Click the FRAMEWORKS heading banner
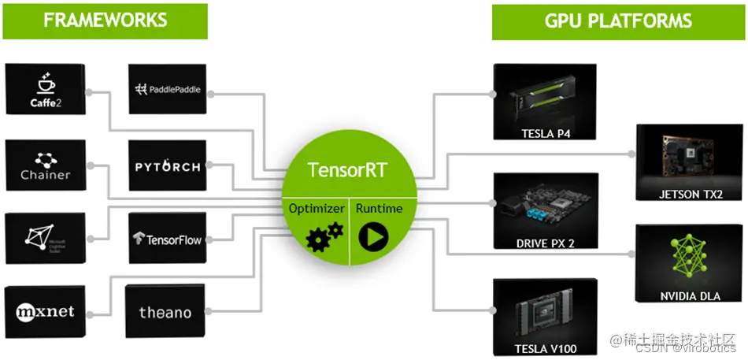click(105, 20)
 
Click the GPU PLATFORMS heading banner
click(618, 20)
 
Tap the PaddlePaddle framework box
click(167, 90)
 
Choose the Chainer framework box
click(44, 166)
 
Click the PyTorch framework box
click(167, 166)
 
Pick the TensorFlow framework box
click(167, 238)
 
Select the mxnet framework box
click(44, 312)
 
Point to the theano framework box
click(165, 312)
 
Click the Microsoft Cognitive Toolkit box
click(44, 238)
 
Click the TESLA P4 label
click(546, 133)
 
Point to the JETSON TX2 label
click(691, 194)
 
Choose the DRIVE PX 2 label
click(545, 243)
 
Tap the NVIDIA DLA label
click(690, 296)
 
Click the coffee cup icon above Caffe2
click(44, 83)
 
